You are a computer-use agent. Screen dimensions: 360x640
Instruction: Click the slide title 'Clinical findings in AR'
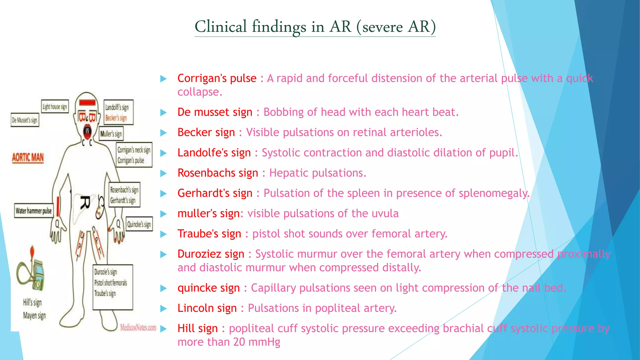[315, 27]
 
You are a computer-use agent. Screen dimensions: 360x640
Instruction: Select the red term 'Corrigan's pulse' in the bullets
[217, 78]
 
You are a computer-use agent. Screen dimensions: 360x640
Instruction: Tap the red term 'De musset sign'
[215, 112]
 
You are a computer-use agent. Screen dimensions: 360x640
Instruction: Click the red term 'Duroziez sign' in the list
[211, 254]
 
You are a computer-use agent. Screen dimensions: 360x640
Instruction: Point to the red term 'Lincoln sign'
[207, 308]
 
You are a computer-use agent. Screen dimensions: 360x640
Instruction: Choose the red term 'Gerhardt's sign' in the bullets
[215, 193]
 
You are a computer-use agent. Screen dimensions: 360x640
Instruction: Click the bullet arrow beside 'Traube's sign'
[163, 234]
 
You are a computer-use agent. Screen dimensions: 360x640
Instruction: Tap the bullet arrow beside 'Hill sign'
[163, 329]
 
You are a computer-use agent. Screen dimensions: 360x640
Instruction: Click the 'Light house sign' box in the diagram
[55, 107]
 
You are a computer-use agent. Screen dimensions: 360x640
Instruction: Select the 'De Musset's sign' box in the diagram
[25, 120]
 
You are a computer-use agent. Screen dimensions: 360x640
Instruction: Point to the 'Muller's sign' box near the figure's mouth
[111, 134]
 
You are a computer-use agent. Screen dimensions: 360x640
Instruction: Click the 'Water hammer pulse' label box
[34, 211]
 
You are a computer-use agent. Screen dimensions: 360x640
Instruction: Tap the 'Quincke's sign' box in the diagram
[139, 224]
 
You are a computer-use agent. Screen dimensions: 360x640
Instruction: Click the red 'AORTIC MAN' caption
[28, 157]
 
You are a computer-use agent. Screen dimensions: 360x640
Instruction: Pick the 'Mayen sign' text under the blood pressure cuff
[34, 316]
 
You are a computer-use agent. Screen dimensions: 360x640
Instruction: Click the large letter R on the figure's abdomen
[86, 202]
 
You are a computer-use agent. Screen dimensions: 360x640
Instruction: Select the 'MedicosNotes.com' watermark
[138, 327]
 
